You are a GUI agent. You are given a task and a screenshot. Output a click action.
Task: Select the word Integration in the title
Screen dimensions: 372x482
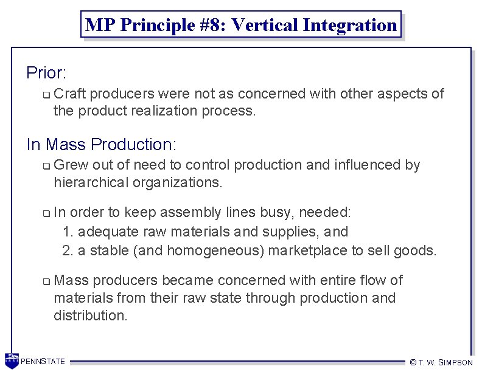(353, 26)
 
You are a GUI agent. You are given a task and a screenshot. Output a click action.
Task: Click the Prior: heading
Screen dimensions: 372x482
(46, 74)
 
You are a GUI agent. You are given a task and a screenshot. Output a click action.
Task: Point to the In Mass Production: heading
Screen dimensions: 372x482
(101, 145)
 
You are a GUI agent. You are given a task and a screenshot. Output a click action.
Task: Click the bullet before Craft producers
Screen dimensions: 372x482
(46, 95)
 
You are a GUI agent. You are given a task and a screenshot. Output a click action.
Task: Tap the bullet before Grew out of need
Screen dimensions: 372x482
(46, 166)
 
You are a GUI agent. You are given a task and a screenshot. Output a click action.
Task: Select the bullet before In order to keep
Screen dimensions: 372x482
(46, 213)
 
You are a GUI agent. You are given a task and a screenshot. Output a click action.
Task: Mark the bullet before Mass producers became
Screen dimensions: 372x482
(46, 281)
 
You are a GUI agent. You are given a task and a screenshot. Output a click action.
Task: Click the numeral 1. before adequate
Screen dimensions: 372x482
(68, 232)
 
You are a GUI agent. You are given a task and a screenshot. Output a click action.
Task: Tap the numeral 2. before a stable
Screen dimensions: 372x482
(68, 250)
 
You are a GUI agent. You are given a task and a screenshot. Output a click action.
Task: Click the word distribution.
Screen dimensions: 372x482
(90, 315)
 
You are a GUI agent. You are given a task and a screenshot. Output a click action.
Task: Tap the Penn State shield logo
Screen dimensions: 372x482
(11, 360)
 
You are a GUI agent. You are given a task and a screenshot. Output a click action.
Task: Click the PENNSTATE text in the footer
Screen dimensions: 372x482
(43, 362)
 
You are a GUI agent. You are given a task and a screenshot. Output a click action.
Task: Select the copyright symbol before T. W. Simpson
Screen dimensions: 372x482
(413, 362)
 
